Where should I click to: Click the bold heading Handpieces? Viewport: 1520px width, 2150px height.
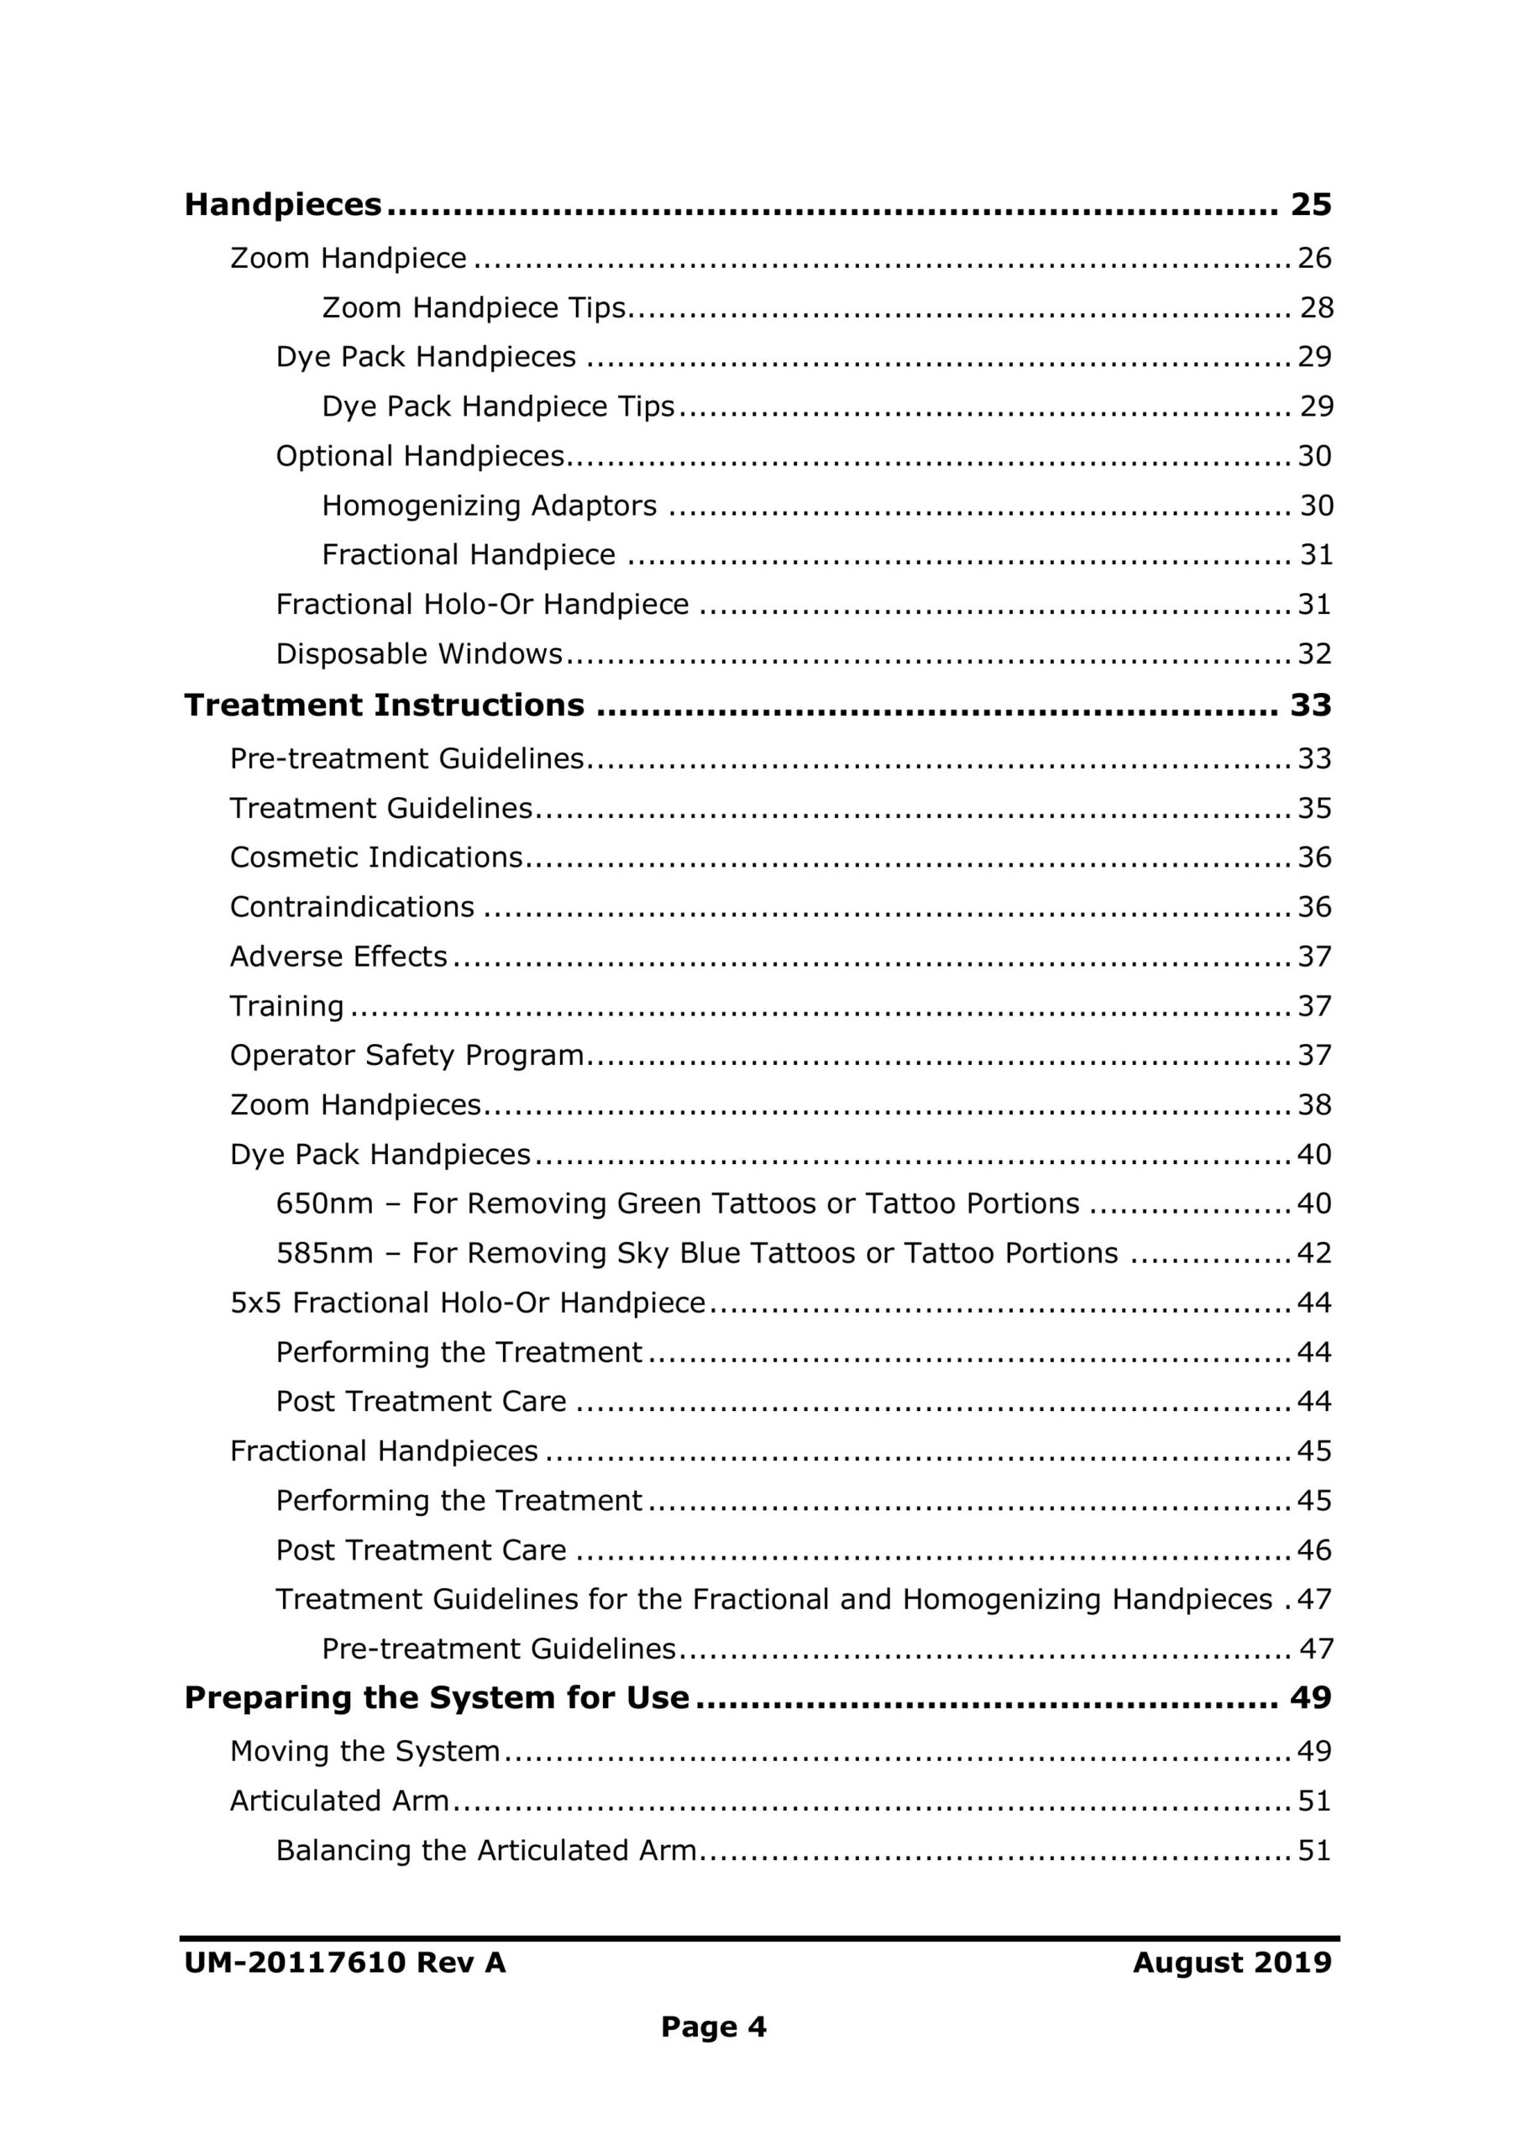coord(283,204)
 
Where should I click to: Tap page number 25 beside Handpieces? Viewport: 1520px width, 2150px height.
coord(1310,204)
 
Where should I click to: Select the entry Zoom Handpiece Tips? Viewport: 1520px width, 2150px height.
coord(473,307)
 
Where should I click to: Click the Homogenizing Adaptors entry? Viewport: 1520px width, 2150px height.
coord(489,506)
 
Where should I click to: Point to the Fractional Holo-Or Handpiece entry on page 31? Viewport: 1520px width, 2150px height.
coord(482,604)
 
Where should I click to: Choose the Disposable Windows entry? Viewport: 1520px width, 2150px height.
coord(419,653)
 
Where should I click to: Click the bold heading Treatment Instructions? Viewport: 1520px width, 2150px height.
coord(384,704)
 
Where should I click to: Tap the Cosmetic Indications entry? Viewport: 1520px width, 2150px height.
coord(375,857)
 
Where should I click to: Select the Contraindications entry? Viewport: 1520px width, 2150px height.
coord(352,906)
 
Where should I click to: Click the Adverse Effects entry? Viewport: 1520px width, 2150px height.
coord(338,956)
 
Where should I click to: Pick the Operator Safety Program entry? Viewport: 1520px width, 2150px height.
coord(406,1056)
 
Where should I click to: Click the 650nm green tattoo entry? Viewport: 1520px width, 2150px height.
coord(677,1203)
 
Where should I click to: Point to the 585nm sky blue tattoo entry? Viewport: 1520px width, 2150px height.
coord(697,1253)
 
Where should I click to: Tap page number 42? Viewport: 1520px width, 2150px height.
coord(1314,1253)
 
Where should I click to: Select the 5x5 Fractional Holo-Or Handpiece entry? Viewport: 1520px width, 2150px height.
coord(467,1303)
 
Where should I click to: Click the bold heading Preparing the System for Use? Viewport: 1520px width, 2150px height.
coord(437,1697)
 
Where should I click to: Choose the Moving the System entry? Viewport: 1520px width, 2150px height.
coord(364,1751)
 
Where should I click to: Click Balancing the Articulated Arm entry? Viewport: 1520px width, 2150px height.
coord(486,1850)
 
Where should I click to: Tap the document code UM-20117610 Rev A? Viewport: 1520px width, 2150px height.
coord(344,1963)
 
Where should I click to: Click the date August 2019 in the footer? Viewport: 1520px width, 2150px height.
coord(1232,1963)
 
